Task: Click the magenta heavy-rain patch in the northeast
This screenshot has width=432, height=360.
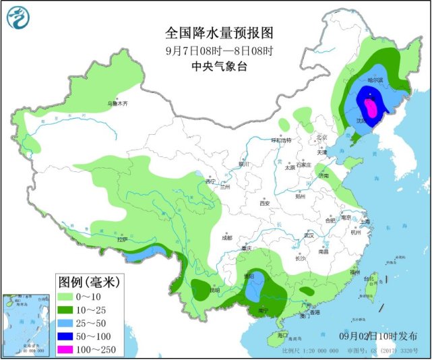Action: (370, 107)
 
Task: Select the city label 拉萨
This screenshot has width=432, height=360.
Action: (122, 239)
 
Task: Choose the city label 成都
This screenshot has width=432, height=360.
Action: (226, 237)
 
